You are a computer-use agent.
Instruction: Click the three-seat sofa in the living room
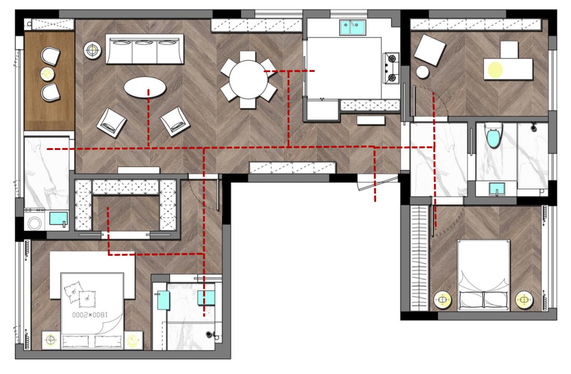(144, 49)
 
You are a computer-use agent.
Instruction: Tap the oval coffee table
(145, 87)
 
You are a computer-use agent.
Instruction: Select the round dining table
(248, 79)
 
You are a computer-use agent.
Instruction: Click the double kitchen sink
(353, 28)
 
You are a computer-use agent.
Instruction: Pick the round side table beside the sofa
(92, 50)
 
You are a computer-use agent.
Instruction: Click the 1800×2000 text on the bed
(90, 315)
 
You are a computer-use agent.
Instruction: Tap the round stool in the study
(423, 72)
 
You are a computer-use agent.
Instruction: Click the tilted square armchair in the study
(429, 50)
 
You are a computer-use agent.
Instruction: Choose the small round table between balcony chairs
(48, 74)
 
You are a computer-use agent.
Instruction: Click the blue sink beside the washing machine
(59, 219)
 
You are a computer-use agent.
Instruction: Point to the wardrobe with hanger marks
(419, 258)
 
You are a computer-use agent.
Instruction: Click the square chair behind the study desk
(509, 50)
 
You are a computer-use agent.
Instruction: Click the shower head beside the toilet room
(534, 126)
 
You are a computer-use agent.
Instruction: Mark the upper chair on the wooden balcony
(50, 56)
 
